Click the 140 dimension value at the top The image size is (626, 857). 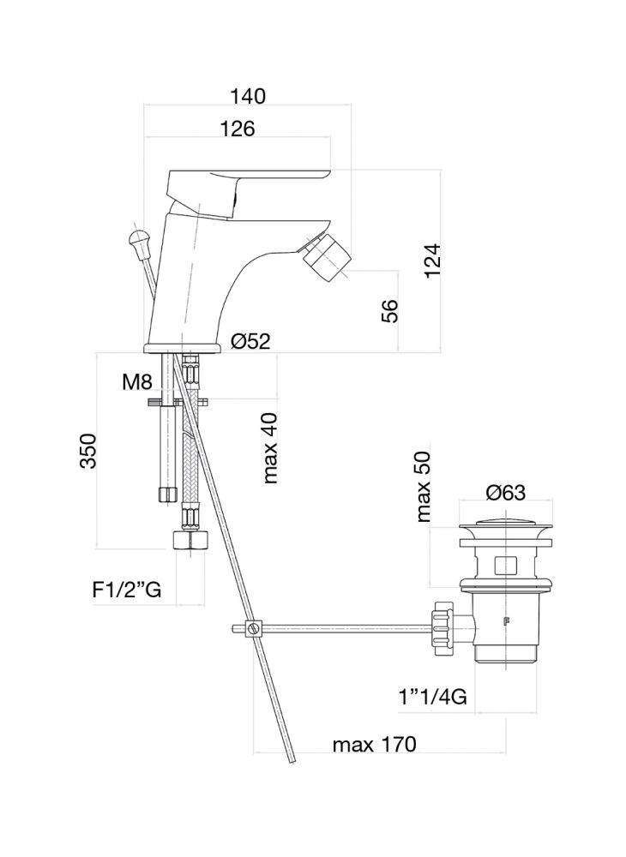tap(248, 96)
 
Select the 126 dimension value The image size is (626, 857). tap(238, 129)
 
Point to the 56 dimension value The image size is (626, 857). tap(388, 309)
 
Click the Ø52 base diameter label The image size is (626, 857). tap(250, 341)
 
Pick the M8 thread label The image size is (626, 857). tap(136, 382)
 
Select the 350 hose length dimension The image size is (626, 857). tap(88, 451)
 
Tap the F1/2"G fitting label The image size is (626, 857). tap(127, 590)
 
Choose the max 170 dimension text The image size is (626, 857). tap(374, 745)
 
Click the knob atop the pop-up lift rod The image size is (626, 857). tap(138, 238)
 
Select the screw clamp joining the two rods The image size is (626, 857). tap(251, 630)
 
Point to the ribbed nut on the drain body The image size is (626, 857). tap(443, 630)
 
